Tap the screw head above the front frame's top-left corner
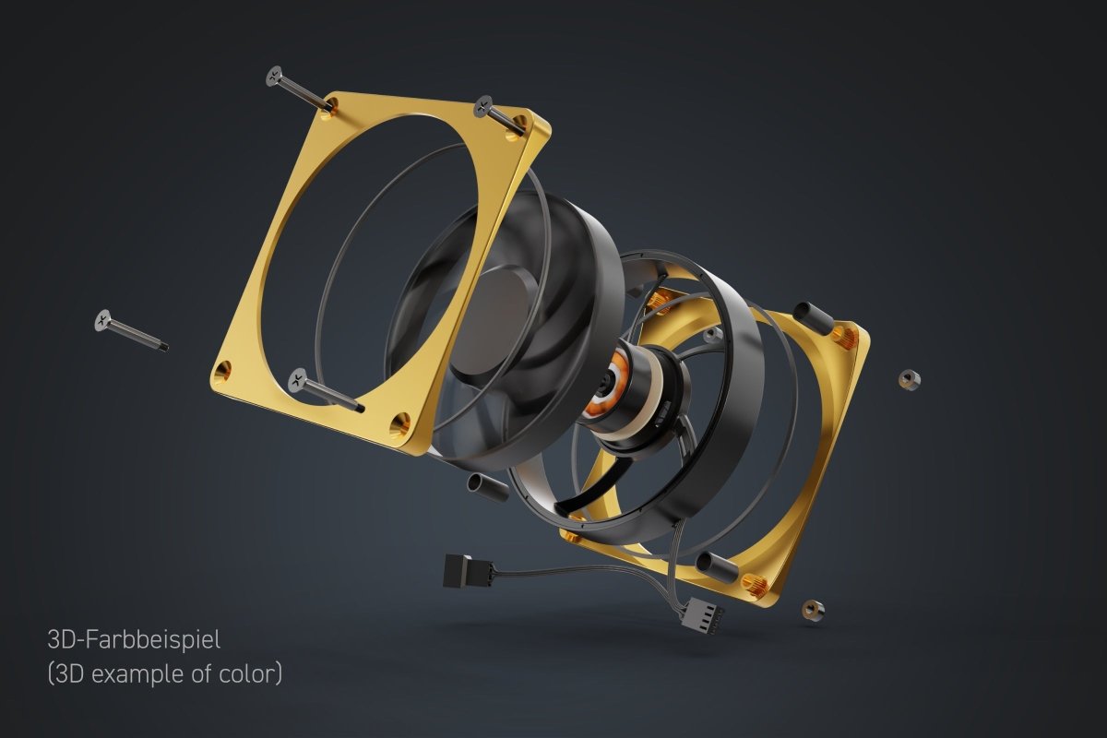tap(274, 76)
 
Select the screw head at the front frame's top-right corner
tap(482, 106)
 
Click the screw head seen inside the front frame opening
tap(298, 377)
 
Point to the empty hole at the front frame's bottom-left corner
tap(222, 373)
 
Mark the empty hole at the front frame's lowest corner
tap(399, 424)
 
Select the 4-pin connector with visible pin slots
tap(702, 615)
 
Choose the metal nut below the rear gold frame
tap(812, 610)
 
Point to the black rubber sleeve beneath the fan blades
tap(489, 488)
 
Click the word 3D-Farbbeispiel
tap(134, 638)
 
